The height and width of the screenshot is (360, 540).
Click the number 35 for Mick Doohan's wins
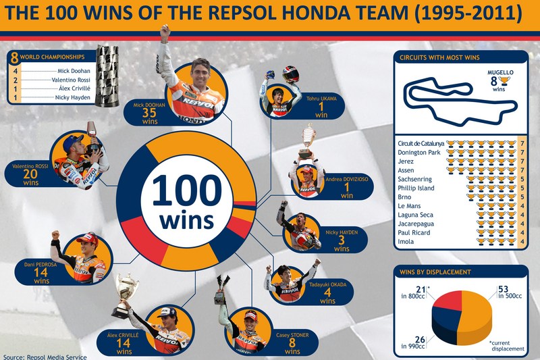pos(149,112)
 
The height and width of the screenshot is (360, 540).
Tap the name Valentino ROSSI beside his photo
pos(30,166)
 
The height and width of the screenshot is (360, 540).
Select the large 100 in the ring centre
pos(187,190)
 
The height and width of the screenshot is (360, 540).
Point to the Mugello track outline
pos(461,100)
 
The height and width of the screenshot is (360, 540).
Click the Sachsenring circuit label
pos(414,179)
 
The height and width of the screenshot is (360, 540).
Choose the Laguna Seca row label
pos(415,215)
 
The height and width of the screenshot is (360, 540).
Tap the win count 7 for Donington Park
pos(522,152)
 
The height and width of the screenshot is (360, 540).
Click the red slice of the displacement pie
pos(448,300)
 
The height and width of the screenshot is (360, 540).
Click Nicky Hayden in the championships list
pos(73,97)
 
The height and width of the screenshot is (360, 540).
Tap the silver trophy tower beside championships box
pos(107,75)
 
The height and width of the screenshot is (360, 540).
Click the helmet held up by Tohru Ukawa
pos(291,74)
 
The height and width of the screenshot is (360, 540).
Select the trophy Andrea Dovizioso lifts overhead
pos(307,142)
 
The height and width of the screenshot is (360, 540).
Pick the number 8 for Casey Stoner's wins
pos(292,342)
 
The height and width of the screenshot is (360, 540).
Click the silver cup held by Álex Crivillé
pos(125,296)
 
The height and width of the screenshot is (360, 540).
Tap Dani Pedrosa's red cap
pos(88,238)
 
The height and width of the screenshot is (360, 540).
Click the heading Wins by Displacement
pos(435,272)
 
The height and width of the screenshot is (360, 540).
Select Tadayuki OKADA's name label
pos(327,284)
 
